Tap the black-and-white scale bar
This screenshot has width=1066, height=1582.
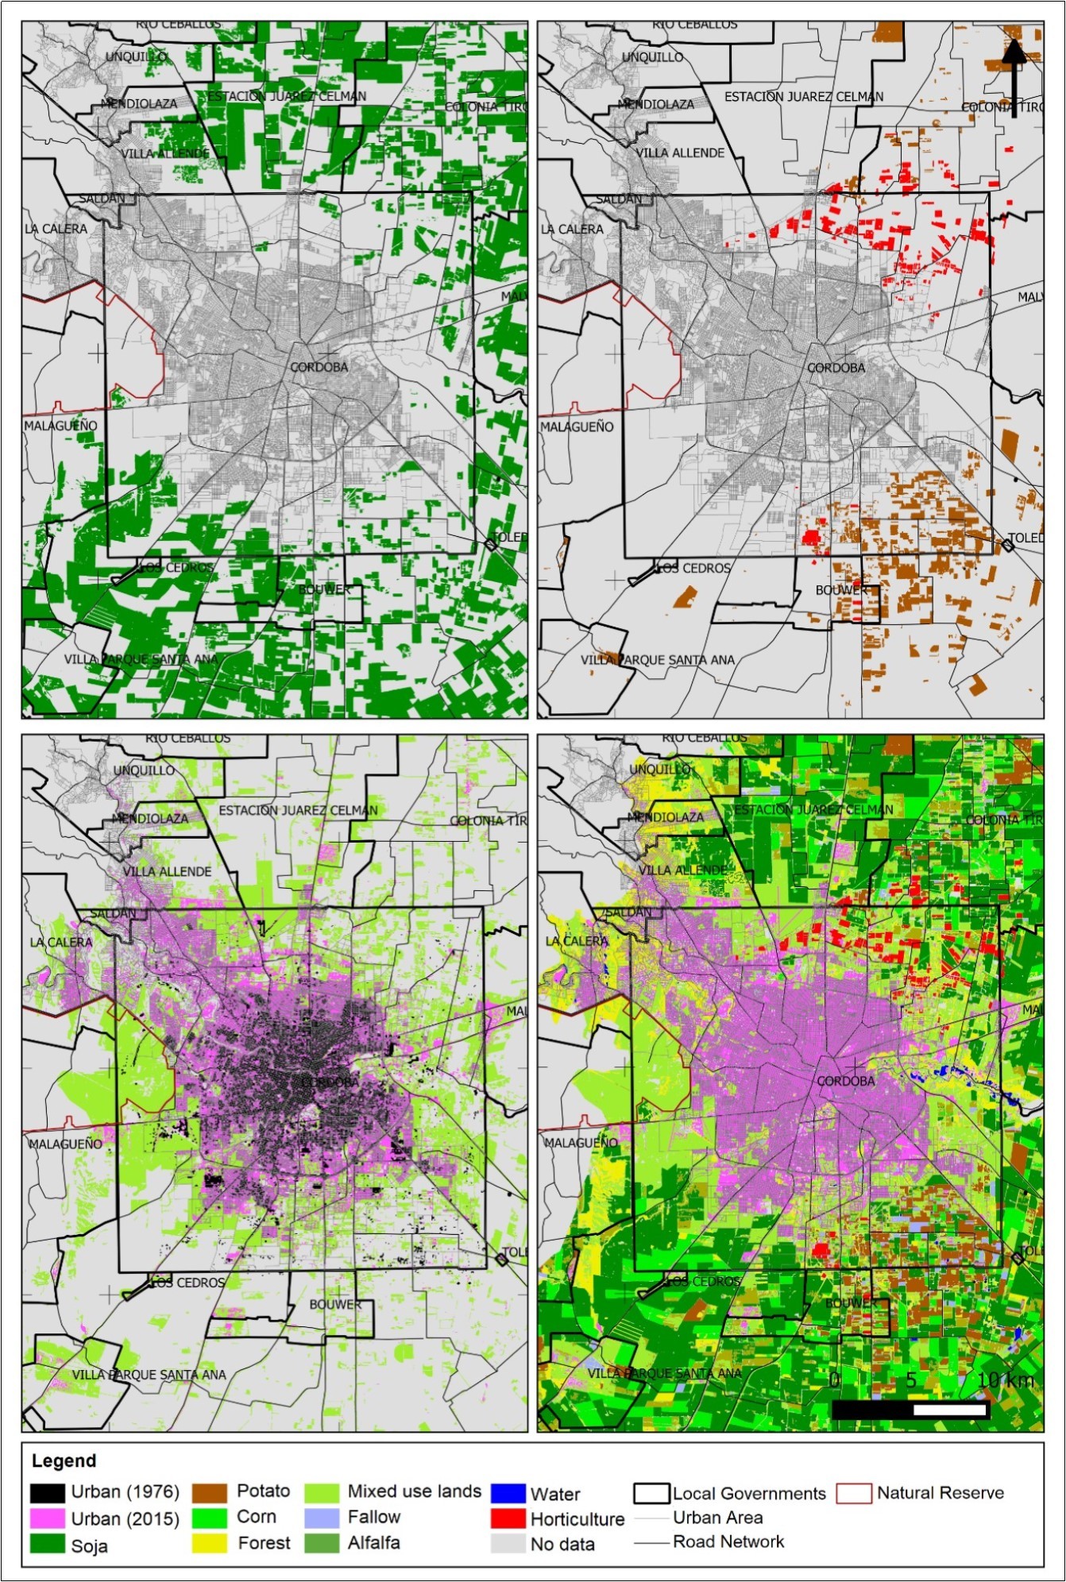[x=910, y=1410]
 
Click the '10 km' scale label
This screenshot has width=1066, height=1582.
[x=1005, y=1380]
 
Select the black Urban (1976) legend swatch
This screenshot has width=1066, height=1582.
[x=47, y=1492]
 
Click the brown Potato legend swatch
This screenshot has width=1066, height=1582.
[x=210, y=1492]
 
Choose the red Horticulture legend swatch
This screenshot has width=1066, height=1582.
[x=508, y=1518]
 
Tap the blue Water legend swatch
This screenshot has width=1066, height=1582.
[x=508, y=1494]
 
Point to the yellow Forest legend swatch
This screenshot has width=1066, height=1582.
[x=210, y=1543]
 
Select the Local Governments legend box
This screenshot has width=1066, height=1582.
[x=651, y=1493]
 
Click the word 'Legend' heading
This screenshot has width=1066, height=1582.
[x=64, y=1460]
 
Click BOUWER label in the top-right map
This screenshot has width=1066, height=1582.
[x=841, y=590]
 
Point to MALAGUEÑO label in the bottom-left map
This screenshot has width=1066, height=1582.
[x=65, y=1144]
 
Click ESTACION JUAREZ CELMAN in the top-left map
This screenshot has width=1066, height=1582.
[x=287, y=96]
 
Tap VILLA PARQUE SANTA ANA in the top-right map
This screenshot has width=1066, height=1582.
[x=657, y=660]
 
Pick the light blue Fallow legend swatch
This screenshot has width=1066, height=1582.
[x=321, y=1518]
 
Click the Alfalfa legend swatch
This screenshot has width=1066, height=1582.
[x=321, y=1543]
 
